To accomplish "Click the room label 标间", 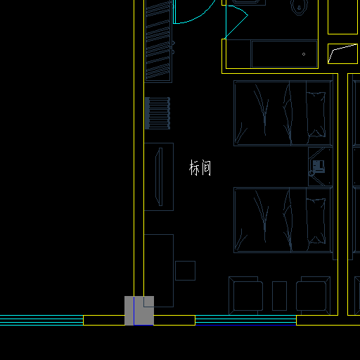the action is (200, 168).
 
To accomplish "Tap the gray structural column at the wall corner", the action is (139, 311).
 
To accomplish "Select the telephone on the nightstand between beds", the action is (319, 166).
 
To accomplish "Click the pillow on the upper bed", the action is (316, 115).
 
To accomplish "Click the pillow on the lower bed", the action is (316, 221).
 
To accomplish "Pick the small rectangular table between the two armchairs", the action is (279, 296).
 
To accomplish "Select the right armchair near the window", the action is (313, 295).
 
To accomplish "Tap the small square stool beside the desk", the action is (185, 271).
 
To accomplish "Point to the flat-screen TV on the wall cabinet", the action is (159, 176).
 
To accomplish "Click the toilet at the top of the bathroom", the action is (299, 7).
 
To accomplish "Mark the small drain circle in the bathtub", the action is (304, 54).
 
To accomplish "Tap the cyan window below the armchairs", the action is (245, 320).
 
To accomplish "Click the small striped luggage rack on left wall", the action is (157, 113).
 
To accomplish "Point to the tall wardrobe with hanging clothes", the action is (158, 41).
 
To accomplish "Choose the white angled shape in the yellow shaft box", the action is (342, 53).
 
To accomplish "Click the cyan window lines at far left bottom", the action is (41, 320).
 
